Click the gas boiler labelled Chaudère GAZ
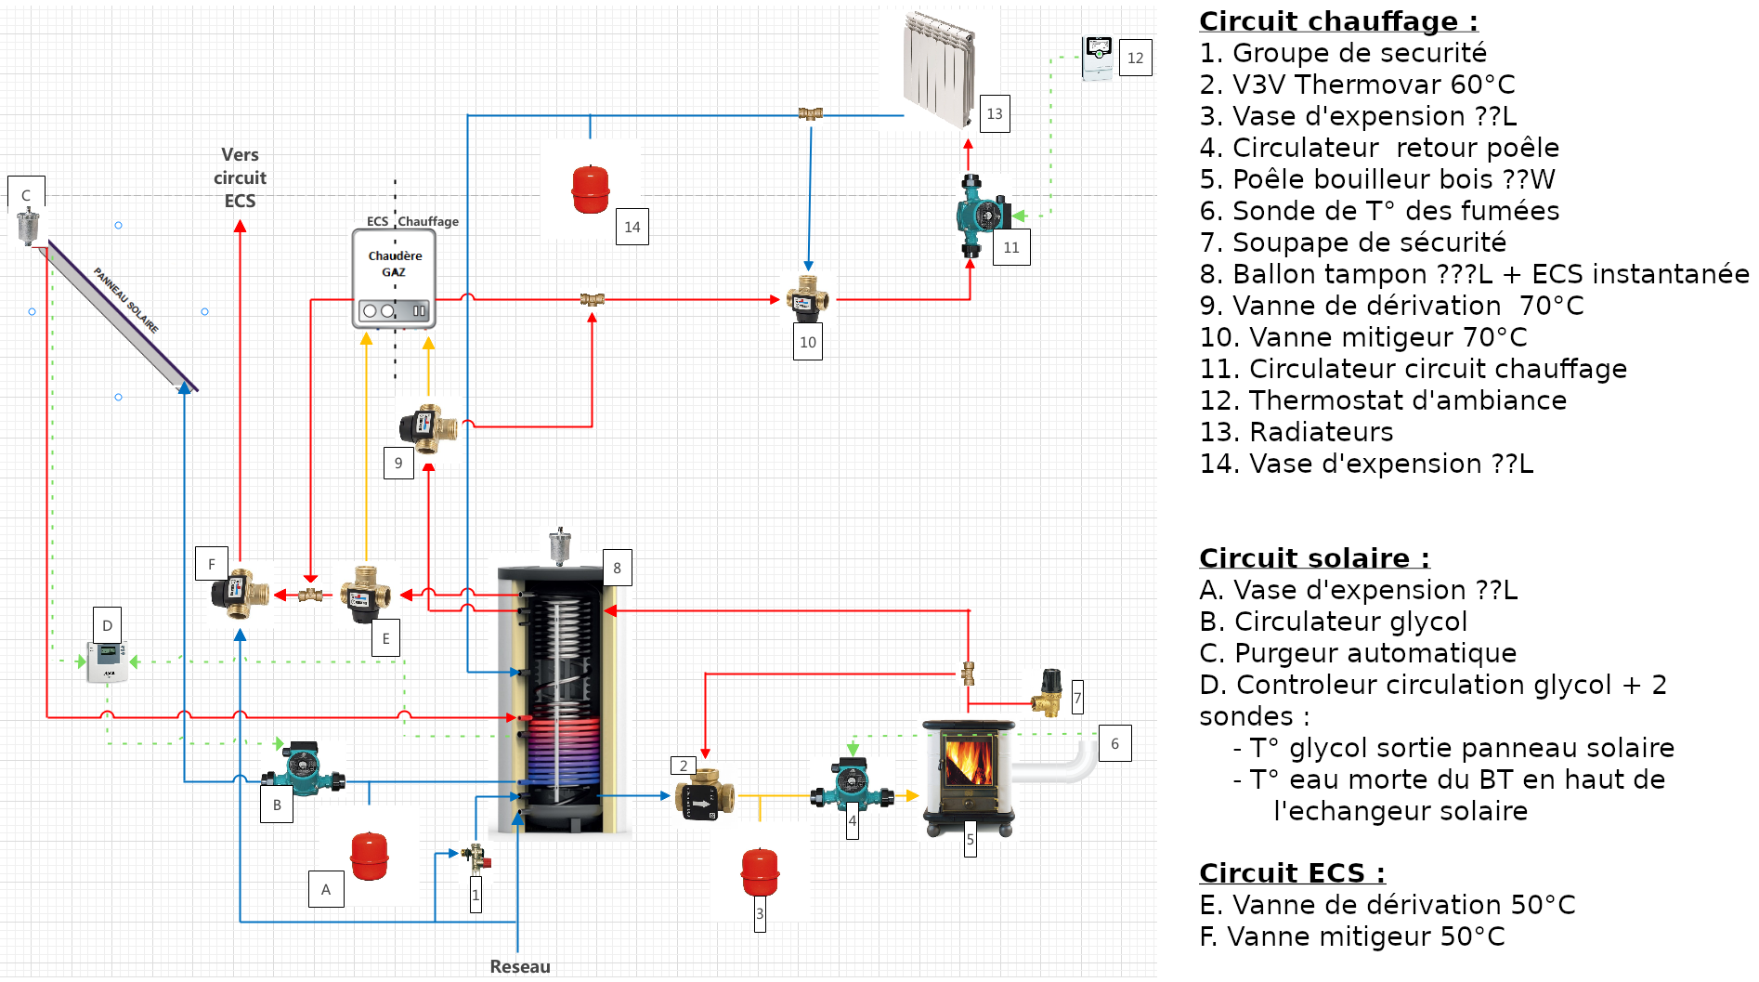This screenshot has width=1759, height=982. [394, 279]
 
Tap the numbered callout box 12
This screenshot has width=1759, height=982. [1135, 58]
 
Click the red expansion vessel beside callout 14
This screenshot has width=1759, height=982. [591, 189]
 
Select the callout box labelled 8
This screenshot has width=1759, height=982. [617, 568]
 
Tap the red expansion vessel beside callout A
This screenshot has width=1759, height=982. [370, 856]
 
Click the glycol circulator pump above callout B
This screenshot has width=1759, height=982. [304, 767]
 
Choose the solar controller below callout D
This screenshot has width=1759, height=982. [108, 662]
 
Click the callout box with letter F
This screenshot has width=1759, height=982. [212, 564]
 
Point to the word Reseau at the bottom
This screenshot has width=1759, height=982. [520, 966]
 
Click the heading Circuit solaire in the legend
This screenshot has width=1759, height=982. [1313, 557]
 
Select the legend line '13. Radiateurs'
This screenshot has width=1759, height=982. [1296, 432]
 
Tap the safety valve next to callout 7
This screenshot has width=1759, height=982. [1049, 693]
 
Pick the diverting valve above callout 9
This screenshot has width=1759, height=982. [428, 427]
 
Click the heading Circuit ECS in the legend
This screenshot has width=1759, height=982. [1291, 873]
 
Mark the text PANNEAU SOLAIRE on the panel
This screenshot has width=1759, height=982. [126, 300]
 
